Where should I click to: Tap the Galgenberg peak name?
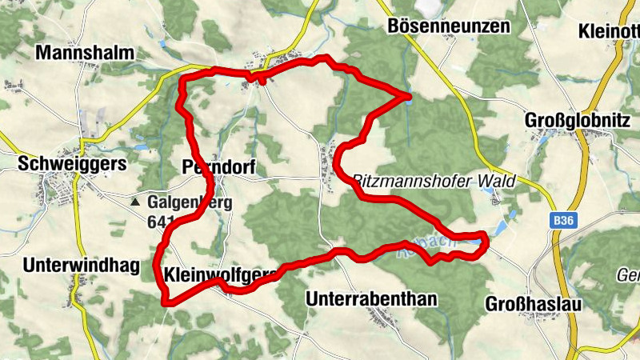point(189,202)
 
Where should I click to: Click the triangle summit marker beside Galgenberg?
point(135,202)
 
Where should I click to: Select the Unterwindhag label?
point(82,265)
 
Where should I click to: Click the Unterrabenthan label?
point(372,299)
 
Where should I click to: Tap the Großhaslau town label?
point(532,306)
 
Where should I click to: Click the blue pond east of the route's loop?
point(499,228)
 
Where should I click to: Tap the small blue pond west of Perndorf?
point(141,148)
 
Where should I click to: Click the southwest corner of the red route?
point(165,302)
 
